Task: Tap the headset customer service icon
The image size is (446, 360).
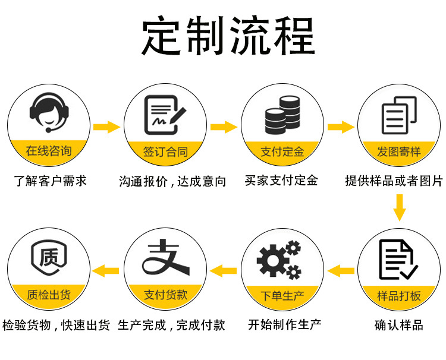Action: click(49, 112)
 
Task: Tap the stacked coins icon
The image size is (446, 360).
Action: click(282, 114)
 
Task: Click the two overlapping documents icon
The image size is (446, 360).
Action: click(399, 114)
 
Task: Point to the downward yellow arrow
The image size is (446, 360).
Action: click(400, 208)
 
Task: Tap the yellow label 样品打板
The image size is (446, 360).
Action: click(399, 296)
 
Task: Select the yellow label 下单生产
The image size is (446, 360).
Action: click(282, 296)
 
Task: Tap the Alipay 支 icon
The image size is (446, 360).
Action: click(165, 259)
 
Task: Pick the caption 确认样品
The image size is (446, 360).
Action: click(399, 325)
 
